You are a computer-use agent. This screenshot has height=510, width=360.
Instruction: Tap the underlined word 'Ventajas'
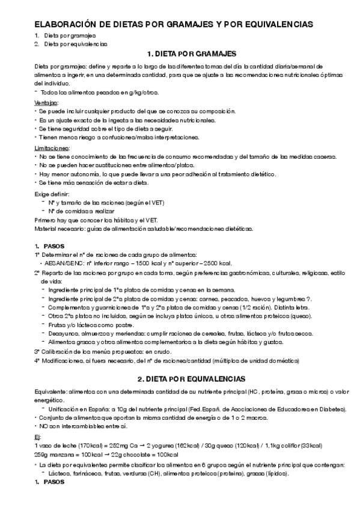(46, 103)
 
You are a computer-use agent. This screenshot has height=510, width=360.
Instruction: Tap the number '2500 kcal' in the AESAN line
(215, 263)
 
